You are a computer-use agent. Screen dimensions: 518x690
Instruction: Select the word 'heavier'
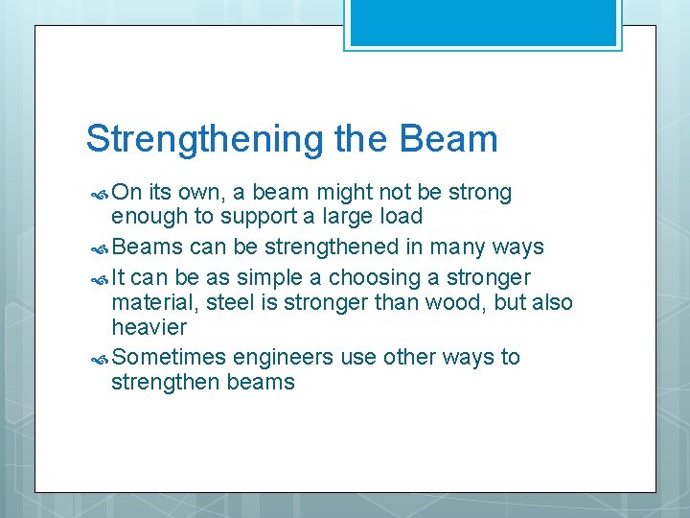click(x=149, y=328)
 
